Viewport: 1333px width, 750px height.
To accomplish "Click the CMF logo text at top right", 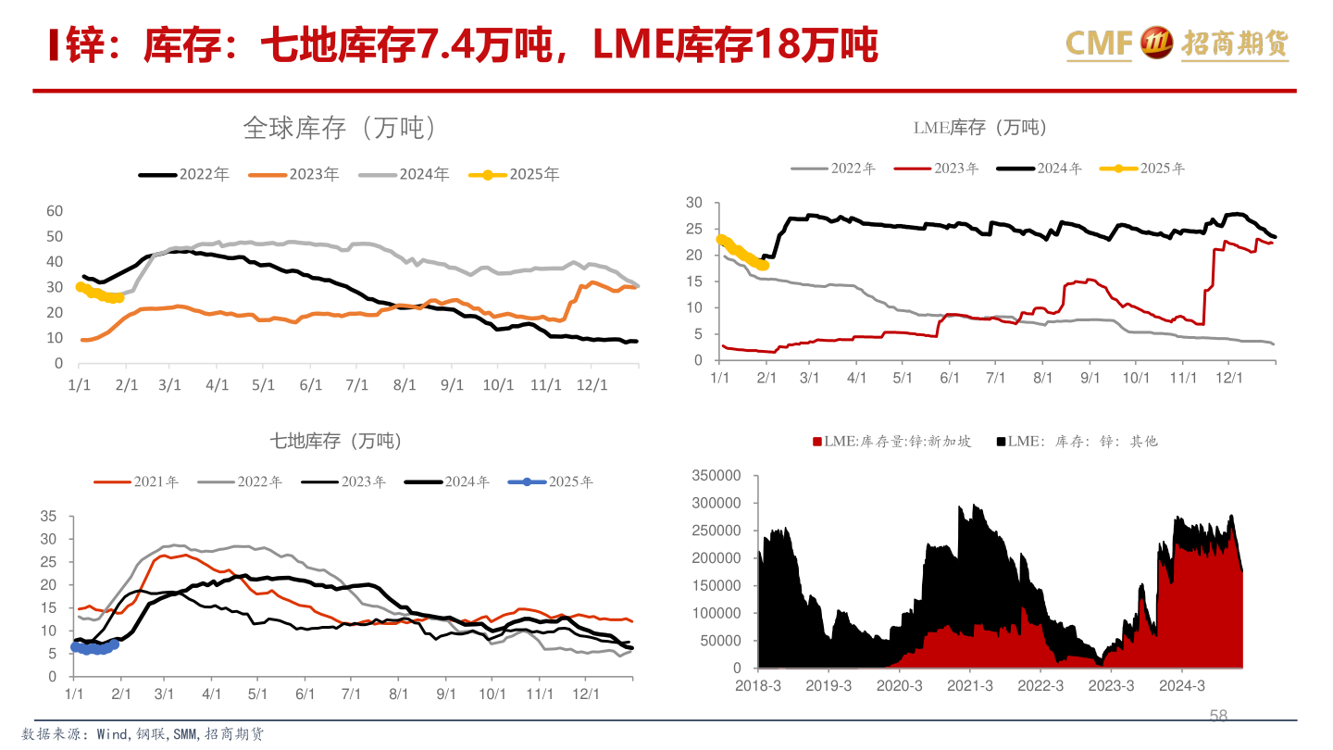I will [x=1100, y=44].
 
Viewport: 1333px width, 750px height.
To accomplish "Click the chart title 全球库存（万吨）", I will [x=339, y=128].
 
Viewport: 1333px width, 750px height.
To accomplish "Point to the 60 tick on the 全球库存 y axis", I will [x=55, y=211].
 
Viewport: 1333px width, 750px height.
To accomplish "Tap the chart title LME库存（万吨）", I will [x=980, y=128].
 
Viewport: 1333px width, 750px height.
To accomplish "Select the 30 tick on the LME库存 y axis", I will [x=694, y=203].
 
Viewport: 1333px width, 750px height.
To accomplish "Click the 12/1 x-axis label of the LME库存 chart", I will [x=1227, y=379].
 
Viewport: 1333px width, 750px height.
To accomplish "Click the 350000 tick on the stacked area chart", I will [x=716, y=475].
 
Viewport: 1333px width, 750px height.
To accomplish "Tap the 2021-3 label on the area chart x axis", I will [x=969, y=686].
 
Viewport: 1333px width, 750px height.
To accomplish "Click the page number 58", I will [x=1218, y=716].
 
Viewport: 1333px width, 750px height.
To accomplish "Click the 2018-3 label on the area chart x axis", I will [x=758, y=686].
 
